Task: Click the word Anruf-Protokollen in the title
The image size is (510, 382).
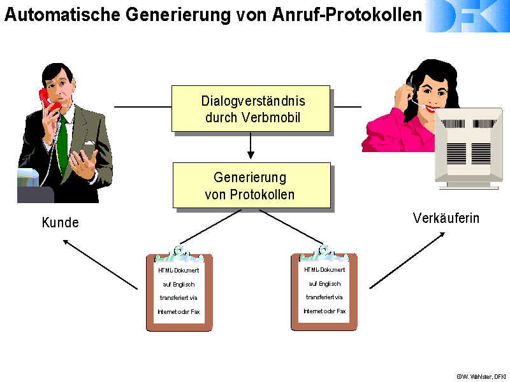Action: click(x=347, y=15)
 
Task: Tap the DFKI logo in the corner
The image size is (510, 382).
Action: click(x=467, y=17)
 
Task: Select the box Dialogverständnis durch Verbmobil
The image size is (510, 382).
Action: click(x=251, y=108)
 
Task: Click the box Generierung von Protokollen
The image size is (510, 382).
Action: click(x=251, y=185)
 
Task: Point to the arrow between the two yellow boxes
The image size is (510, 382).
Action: click(x=251, y=146)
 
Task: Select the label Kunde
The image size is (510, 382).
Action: click(x=61, y=222)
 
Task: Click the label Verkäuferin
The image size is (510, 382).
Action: click(x=446, y=218)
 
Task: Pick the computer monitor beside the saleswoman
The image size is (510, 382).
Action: click(x=469, y=148)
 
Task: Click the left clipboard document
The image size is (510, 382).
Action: click(x=179, y=289)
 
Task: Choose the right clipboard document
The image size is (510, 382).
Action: click(x=324, y=288)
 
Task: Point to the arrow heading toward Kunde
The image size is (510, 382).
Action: click(x=100, y=264)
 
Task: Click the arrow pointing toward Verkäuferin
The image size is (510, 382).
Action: click(x=407, y=260)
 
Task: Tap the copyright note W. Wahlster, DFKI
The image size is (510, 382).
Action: click(x=481, y=376)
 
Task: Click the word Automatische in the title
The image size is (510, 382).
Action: click(x=62, y=15)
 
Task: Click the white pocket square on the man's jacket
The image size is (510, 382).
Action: click(x=89, y=143)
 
